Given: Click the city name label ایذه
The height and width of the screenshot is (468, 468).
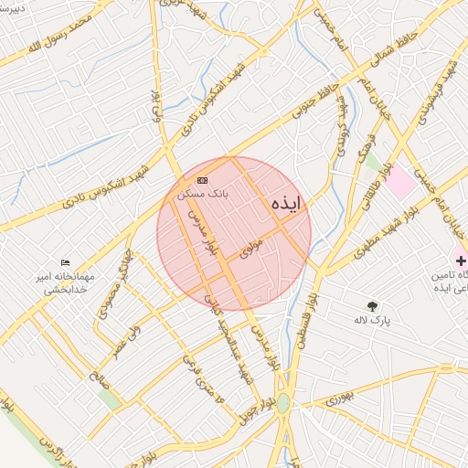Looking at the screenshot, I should tap(285, 206).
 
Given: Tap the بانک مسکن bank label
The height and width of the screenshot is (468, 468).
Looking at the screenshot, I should tap(207, 194).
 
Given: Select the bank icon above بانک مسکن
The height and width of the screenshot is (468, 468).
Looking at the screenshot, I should tap(202, 180).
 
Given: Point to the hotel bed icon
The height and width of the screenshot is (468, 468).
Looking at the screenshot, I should tap(64, 263).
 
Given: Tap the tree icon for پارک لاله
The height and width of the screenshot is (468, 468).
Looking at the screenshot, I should tap(372, 307).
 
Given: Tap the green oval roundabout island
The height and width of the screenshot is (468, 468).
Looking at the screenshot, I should tap(283, 402).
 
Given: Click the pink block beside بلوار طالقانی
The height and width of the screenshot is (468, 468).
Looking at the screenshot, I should tap(399, 180).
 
